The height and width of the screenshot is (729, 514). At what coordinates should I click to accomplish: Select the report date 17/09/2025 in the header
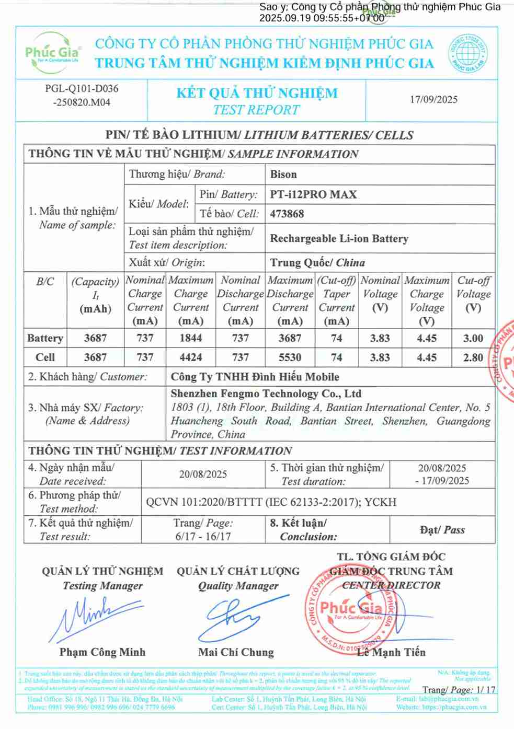click(x=433, y=99)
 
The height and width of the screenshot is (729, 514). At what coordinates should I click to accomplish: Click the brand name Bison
click(x=283, y=175)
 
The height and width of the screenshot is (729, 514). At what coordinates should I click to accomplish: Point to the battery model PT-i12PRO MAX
click(x=313, y=195)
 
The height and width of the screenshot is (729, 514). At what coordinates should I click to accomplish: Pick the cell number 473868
click(x=287, y=214)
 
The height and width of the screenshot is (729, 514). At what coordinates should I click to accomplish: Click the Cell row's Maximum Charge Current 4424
click(x=190, y=357)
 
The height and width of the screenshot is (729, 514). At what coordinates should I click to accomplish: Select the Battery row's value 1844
click(x=190, y=338)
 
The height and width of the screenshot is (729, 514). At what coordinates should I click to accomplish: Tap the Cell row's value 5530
click(x=290, y=357)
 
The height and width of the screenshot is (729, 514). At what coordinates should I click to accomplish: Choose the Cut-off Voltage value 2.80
click(x=473, y=357)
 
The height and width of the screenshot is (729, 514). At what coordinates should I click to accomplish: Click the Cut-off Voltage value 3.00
click(x=473, y=338)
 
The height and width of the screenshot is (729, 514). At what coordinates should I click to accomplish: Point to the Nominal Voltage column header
click(x=380, y=294)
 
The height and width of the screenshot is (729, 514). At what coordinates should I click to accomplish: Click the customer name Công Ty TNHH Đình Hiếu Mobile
click(x=255, y=377)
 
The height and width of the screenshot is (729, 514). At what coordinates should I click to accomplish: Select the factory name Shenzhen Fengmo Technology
click(x=266, y=394)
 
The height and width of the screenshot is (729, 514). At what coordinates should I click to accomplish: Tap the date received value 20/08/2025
click(x=203, y=474)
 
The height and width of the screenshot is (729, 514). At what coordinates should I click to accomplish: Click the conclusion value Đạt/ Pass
click(x=442, y=530)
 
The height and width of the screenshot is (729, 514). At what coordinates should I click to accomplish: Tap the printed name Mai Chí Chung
click(x=236, y=652)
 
